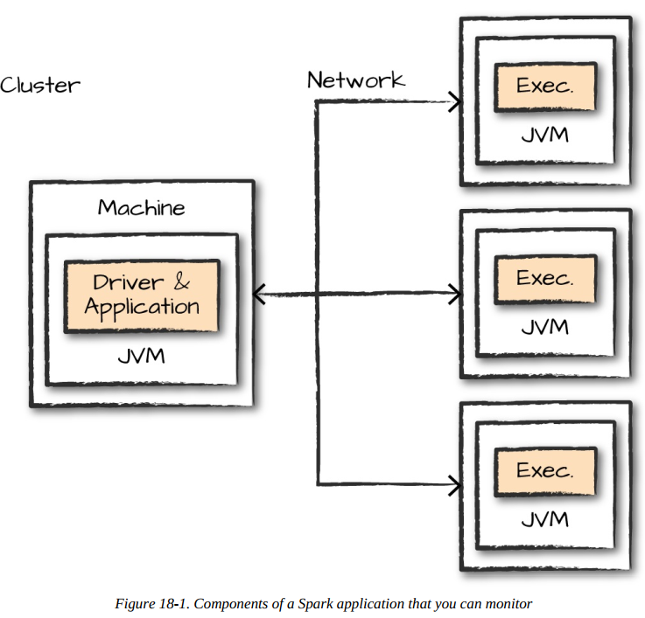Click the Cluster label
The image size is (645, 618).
coord(40,86)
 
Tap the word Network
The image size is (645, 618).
coord(355,80)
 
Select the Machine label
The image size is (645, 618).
coord(141,208)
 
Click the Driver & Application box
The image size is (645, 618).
coord(142,295)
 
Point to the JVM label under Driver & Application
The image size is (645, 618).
coord(141,358)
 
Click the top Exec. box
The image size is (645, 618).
coord(544,87)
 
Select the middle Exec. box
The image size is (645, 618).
coord(544,279)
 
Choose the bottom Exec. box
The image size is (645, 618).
coord(544,470)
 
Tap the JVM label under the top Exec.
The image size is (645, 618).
coord(544,135)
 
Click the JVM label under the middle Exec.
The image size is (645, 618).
coord(544,328)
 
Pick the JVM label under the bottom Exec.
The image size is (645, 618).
coord(544,519)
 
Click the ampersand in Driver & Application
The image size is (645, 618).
coord(179,282)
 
